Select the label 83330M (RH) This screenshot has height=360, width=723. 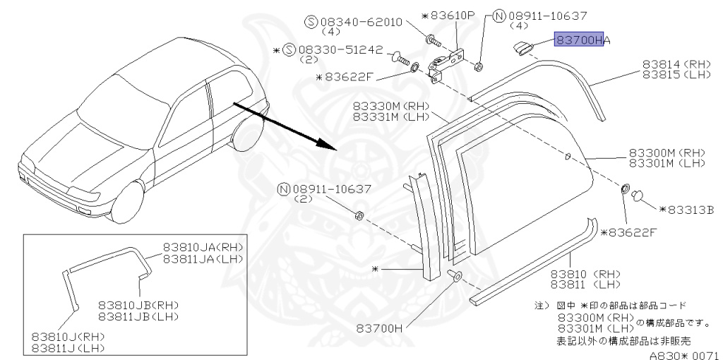click(x=390, y=106)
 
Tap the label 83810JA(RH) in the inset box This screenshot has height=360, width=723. click(x=202, y=247)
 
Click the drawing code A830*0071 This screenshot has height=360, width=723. click(x=684, y=356)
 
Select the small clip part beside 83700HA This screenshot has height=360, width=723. click(x=523, y=47)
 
